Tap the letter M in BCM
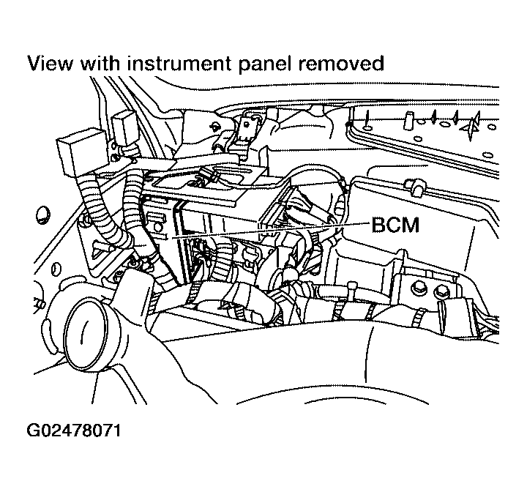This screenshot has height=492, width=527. click(x=410, y=225)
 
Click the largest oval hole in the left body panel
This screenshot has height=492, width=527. click(x=42, y=215)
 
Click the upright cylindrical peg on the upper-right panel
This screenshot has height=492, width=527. click(x=411, y=118)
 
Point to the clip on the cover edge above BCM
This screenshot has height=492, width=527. click(x=415, y=187)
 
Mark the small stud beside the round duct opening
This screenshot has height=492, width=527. click(x=37, y=302)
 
